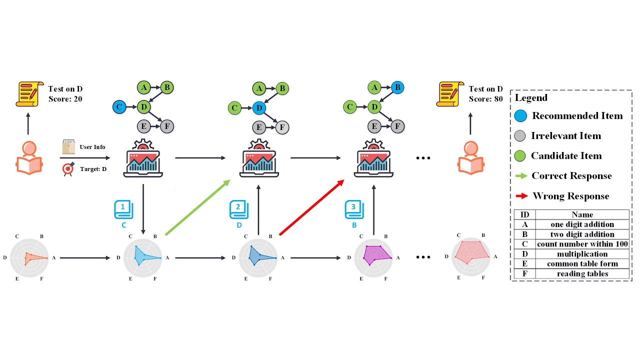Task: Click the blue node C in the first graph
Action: [118, 106]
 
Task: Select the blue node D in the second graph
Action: [258, 107]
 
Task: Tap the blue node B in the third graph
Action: [397, 87]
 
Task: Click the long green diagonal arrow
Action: [197, 207]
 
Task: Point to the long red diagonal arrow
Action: [312, 207]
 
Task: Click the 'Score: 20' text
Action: [65, 99]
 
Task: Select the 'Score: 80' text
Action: [485, 99]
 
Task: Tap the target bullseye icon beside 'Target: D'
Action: [68, 169]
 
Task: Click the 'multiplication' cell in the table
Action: [582, 254]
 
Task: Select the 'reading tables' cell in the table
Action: [582, 273]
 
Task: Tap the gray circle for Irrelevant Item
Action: [520, 136]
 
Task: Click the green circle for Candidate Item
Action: [520, 156]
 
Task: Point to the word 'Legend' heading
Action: [531, 98]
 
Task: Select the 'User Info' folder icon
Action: [68, 147]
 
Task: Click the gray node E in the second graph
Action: [258, 127]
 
